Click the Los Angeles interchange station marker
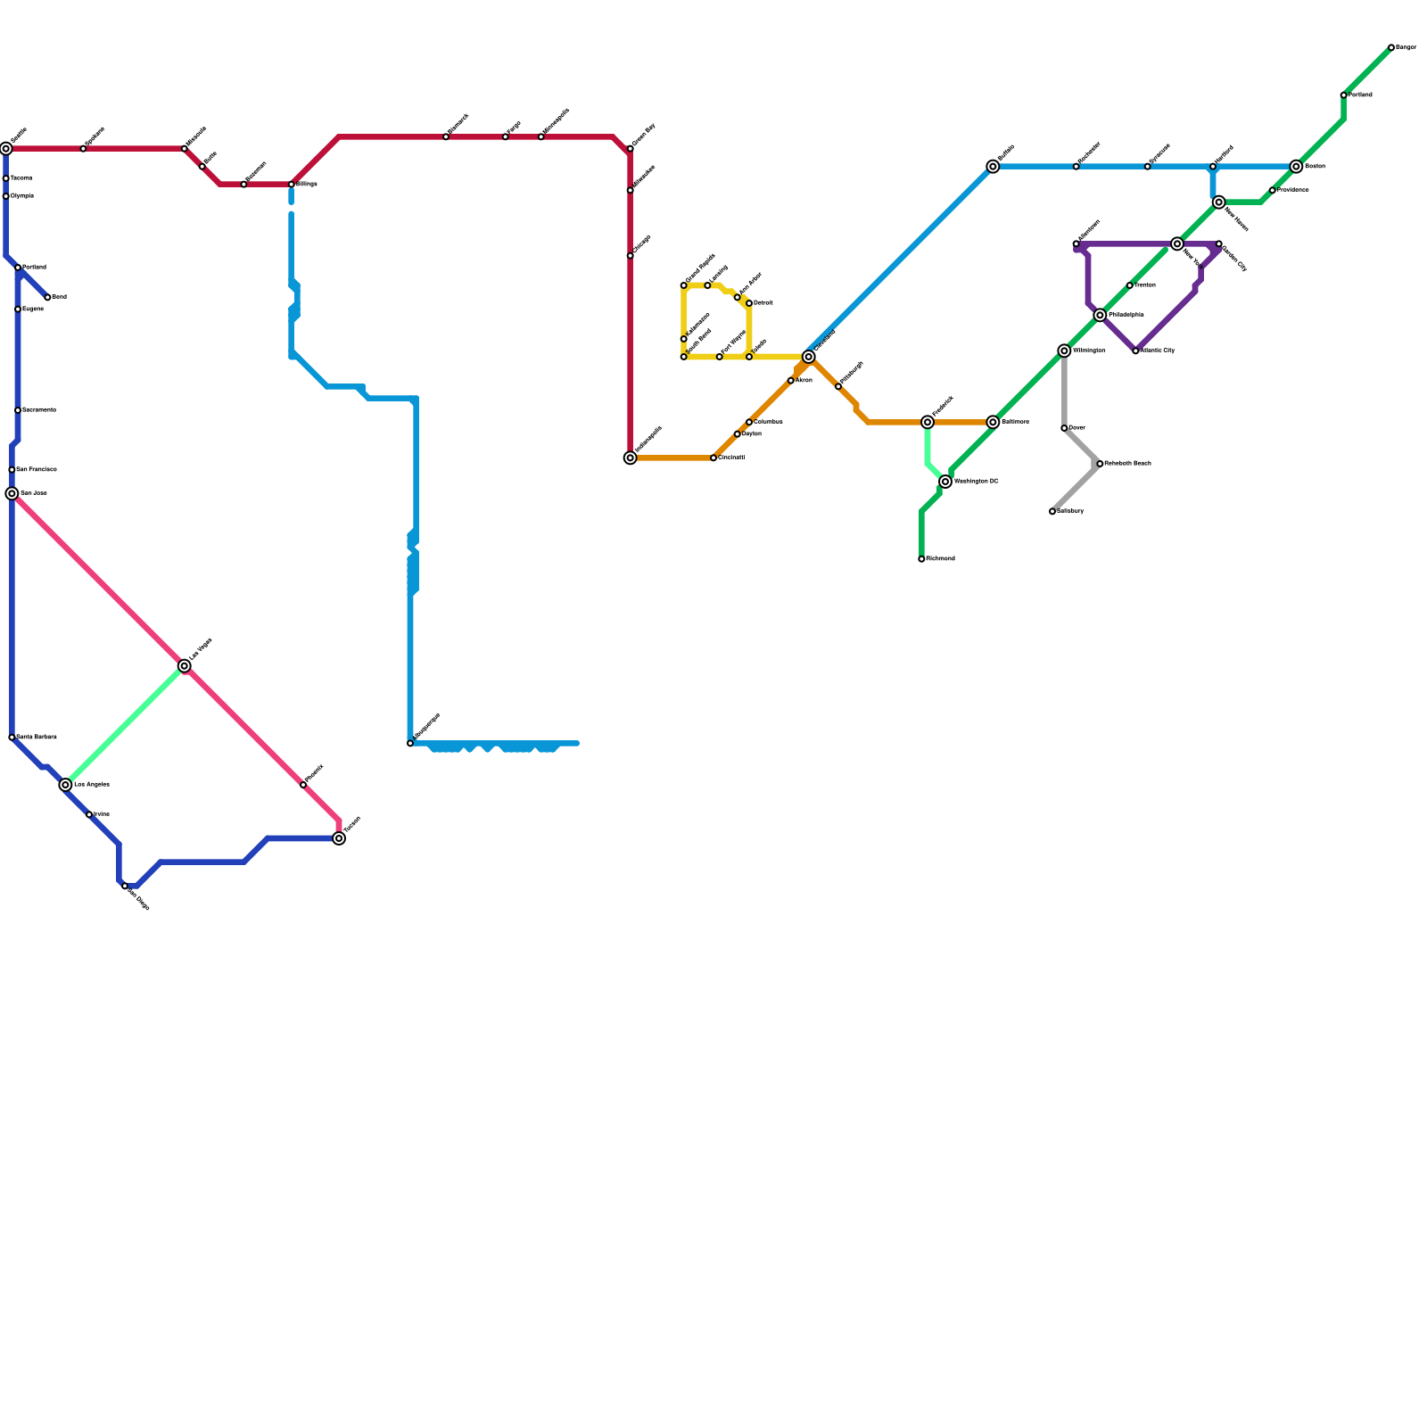tap(65, 785)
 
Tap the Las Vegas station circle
tap(185, 666)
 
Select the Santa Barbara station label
tap(37, 738)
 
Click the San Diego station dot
tap(125, 886)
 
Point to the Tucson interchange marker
tap(339, 838)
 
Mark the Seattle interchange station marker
tap(6, 149)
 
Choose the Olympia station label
tap(21, 196)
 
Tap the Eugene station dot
tap(18, 309)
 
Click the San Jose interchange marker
tap(12, 493)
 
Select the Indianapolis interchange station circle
tap(631, 458)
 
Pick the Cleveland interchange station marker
tap(809, 357)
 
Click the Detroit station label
tap(763, 303)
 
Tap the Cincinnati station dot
tap(713, 458)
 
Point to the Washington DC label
tap(976, 482)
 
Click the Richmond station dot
tap(921, 559)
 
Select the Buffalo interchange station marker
tap(993, 167)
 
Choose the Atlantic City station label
tap(1158, 351)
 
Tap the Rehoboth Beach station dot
tap(1100, 464)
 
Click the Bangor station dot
tap(1391, 47)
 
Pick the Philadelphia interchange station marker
tap(1100, 315)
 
